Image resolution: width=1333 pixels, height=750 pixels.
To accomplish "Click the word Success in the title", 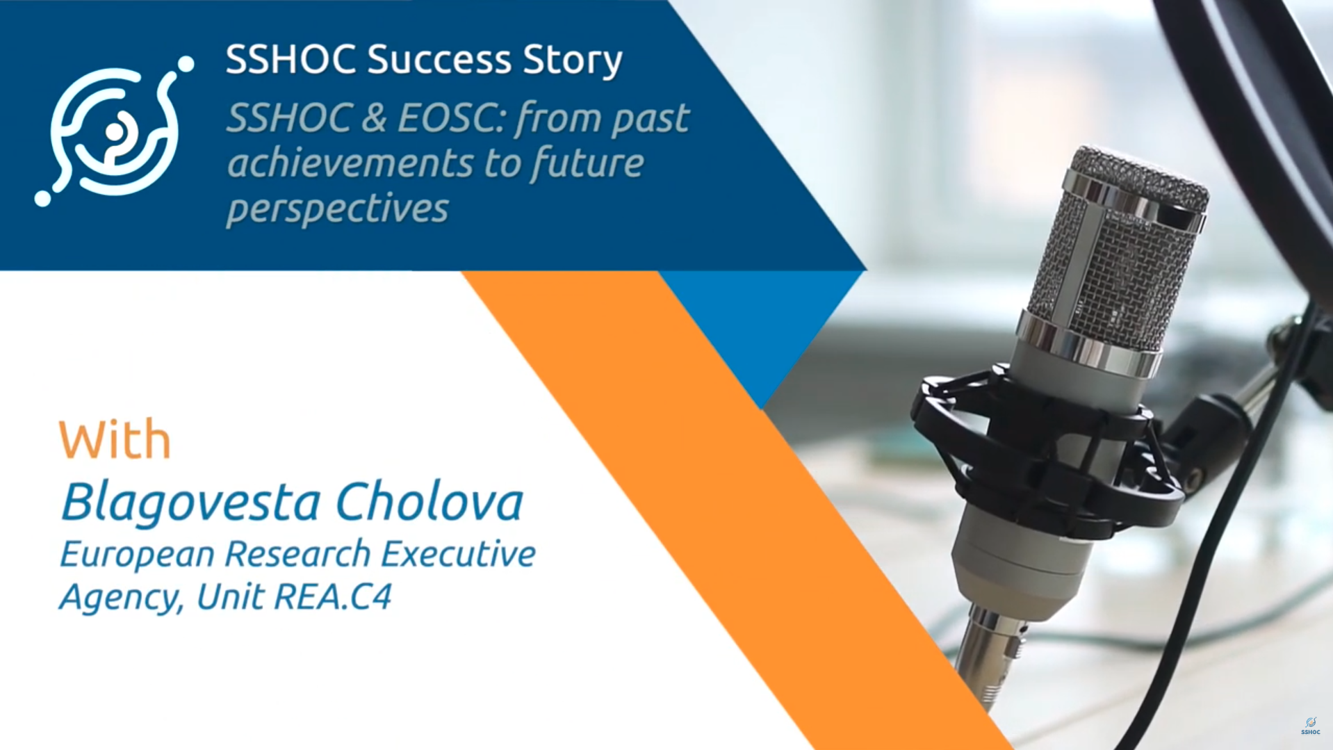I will pyautogui.click(x=439, y=59).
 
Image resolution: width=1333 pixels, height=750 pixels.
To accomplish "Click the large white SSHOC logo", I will pyautogui.click(x=114, y=131).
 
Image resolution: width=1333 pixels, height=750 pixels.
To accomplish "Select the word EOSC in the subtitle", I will pyautogui.click(x=451, y=117).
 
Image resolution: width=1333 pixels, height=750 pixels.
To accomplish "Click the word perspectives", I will pyautogui.click(x=337, y=209).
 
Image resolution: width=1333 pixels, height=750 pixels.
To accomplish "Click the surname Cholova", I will pyautogui.click(x=430, y=502).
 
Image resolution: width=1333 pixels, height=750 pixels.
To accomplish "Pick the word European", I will pyautogui.click(x=137, y=555).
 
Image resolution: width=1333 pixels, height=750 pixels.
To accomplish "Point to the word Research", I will pyautogui.click(x=297, y=554).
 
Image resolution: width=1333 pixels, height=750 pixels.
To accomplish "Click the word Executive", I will pyautogui.click(x=458, y=554).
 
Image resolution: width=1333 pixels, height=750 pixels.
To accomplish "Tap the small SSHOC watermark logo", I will pyautogui.click(x=1310, y=726).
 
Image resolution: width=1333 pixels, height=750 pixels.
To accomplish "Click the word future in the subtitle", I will pyautogui.click(x=587, y=164).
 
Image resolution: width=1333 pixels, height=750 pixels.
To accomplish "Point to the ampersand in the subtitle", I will pyautogui.click(x=373, y=117).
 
